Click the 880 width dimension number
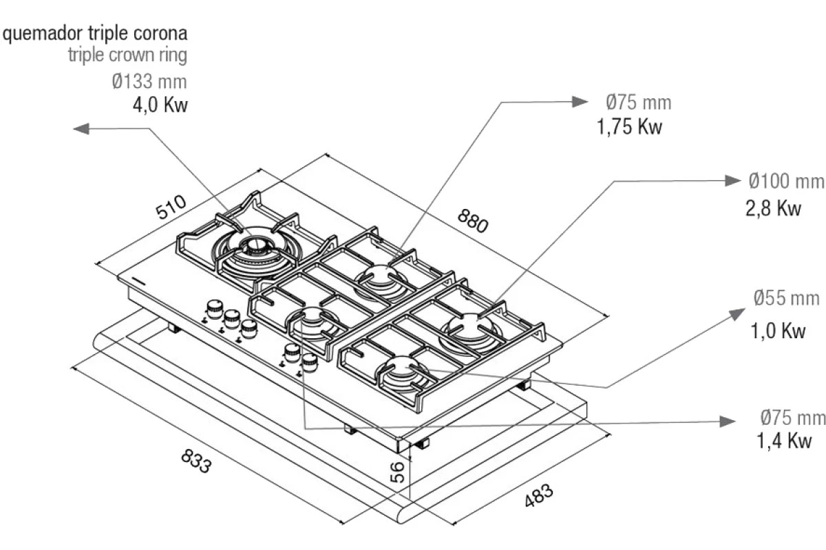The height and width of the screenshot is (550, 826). (x=473, y=221)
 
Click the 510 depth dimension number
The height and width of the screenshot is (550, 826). (x=171, y=207)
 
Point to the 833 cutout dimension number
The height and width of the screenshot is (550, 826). (x=196, y=461)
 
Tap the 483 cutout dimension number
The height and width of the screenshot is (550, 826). (x=539, y=495)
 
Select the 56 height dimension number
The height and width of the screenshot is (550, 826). (x=397, y=472)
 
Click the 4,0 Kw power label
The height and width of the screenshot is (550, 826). (x=160, y=105)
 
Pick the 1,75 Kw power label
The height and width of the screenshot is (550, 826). (x=629, y=126)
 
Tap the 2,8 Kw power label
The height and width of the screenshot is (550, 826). (x=773, y=208)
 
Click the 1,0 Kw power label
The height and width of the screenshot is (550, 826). (x=778, y=331)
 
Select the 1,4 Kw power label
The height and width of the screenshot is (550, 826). (x=784, y=440)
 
